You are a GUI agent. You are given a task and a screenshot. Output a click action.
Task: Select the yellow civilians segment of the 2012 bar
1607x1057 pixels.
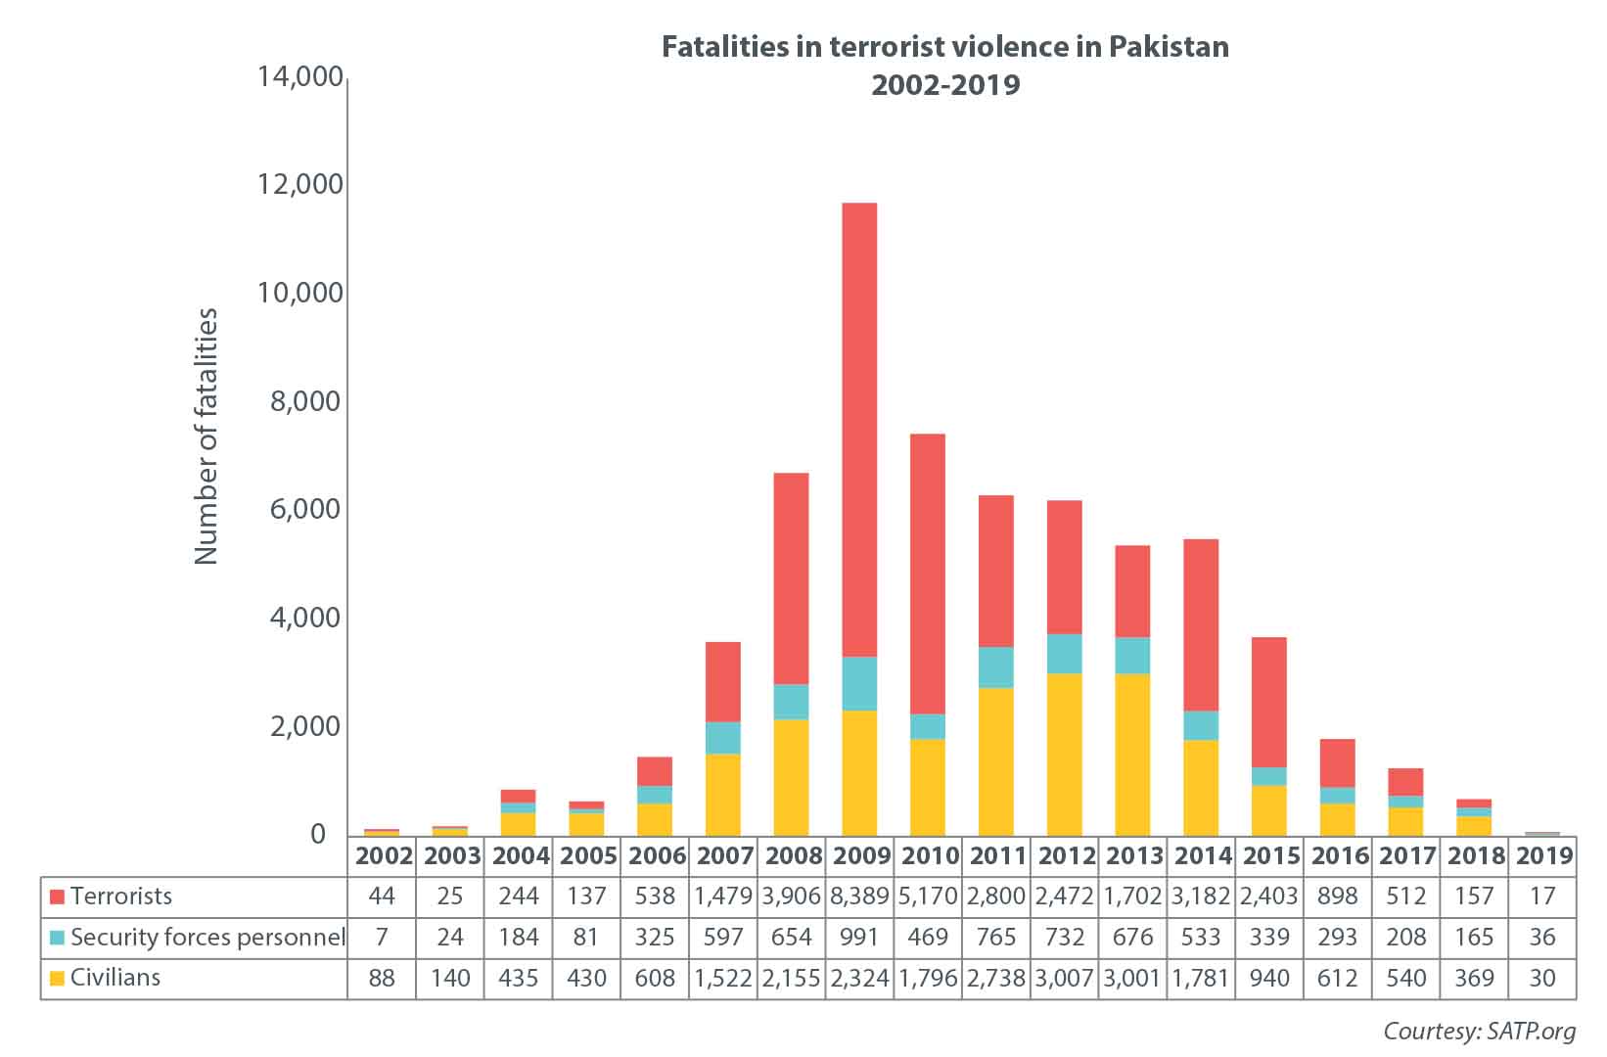[x=1064, y=754]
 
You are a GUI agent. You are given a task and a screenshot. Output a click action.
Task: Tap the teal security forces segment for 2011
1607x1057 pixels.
[x=995, y=666]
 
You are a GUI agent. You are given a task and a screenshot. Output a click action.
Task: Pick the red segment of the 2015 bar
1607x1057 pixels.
[x=1268, y=702]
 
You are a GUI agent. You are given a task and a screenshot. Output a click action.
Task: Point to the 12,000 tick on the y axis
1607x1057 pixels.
[x=300, y=184]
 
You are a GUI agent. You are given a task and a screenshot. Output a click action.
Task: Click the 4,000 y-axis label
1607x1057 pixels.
[x=300, y=618]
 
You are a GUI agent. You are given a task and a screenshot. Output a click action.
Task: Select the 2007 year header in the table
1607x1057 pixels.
[x=723, y=856]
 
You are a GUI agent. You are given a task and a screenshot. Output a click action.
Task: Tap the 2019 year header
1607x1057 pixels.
[x=1542, y=856]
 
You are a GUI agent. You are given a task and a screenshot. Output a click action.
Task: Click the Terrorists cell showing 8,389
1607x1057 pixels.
[x=859, y=896]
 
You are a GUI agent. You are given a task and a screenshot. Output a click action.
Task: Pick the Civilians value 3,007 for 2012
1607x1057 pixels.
[x=1064, y=978]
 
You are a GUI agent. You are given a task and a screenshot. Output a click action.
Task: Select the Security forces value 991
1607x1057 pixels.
[x=859, y=938]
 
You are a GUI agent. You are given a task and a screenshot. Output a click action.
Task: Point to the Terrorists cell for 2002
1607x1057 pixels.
[x=382, y=896]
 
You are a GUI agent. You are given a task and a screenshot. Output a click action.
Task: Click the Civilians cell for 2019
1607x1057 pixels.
[x=1542, y=978]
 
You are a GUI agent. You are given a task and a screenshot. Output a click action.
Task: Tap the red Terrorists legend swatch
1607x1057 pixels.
[x=57, y=896]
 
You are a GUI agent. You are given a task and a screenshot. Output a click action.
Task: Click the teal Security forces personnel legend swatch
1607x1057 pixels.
[x=57, y=938]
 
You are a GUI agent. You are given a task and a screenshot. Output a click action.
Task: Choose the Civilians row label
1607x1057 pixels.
[x=115, y=978]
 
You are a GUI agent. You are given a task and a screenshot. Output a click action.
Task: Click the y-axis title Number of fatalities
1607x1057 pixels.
[x=206, y=436]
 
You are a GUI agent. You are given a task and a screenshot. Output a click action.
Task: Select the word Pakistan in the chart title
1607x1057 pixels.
[x=1169, y=47]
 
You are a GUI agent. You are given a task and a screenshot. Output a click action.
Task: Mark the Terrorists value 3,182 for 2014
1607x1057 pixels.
[x=1200, y=896]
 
